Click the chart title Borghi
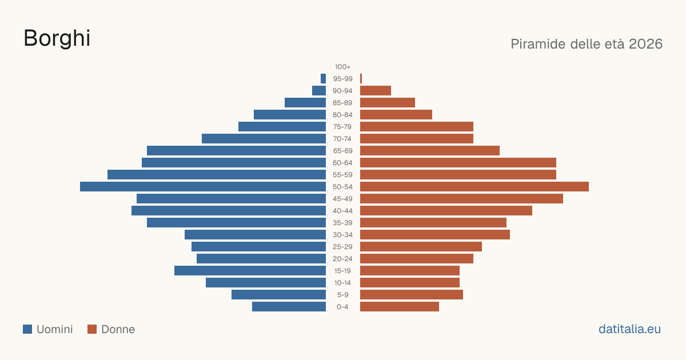coord(57,38)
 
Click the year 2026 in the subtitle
coord(645,44)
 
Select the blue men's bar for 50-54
coord(203,187)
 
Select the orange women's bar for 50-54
coord(474,187)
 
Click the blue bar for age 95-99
coord(323,79)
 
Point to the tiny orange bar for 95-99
coord(361,79)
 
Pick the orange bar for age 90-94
coord(376,91)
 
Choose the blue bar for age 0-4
coord(289,307)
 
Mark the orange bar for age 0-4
coord(400,307)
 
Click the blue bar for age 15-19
coord(250,271)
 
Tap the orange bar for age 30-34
coord(435,235)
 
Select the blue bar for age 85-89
coord(305,102)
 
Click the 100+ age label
coord(342,67)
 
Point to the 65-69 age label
coord(342,151)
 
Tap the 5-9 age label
coord(342,295)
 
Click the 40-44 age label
coord(342,211)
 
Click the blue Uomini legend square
coord(27,329)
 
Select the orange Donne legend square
coord(92,329)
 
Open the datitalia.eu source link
coord(629,329)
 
